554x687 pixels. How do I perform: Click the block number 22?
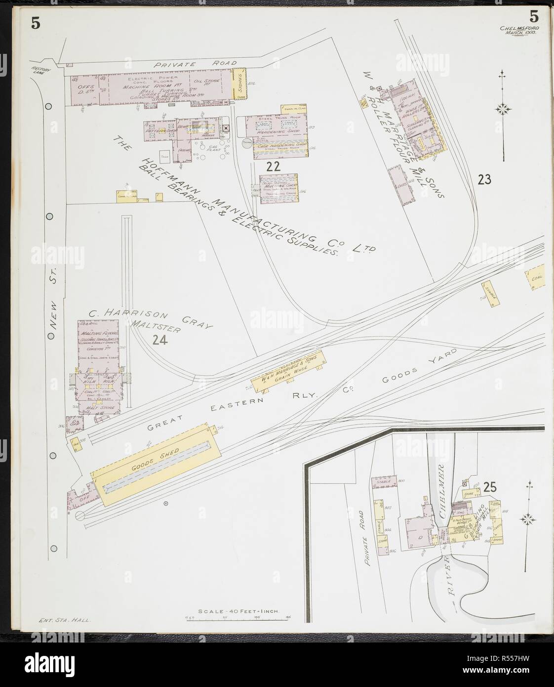coord(273,167)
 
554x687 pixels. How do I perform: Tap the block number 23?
coord(484,179)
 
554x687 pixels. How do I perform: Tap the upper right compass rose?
coord(504,108)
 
